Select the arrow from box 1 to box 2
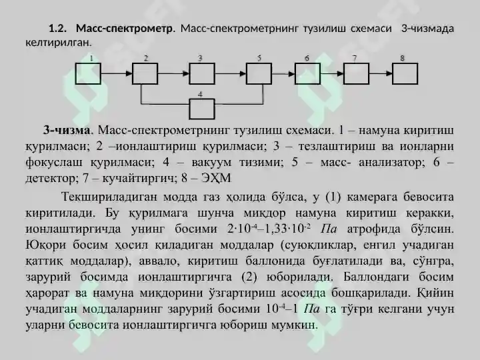click(117, 73)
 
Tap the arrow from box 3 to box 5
click(231, 73)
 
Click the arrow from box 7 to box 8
click(381, 73)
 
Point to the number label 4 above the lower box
click(200, 95)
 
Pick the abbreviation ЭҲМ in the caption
click(216, 177)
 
